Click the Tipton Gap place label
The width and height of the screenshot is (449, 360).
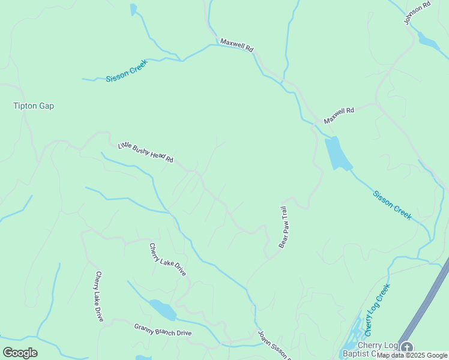click(34, 106)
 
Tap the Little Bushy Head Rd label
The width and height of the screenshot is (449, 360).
click(145, 151)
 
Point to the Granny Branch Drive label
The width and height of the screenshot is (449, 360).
click(163, 329)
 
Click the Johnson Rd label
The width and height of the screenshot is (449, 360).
click(417, 13)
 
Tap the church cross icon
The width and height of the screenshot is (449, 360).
click(407, 347)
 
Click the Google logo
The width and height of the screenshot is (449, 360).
click(20, 353)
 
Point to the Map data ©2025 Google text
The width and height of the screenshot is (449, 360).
click(412, 355)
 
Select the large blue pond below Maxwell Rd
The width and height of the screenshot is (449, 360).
click(337, 154)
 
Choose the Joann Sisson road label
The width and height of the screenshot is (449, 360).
click(274, 345)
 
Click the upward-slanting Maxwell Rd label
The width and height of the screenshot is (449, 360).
click(339, 116)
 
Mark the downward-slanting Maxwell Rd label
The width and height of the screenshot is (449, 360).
click(237, 46)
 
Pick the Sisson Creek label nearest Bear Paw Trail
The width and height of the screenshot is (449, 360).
click(392, 205)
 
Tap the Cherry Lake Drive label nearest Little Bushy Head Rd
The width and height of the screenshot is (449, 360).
click(167, 259)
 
